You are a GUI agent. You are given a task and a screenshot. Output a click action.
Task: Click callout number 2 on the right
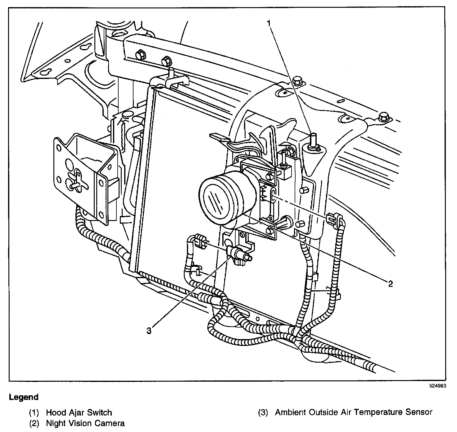[391, 283]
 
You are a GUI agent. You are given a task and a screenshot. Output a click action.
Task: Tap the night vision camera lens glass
[216, 200]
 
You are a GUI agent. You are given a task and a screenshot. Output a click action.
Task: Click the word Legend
[24, 397]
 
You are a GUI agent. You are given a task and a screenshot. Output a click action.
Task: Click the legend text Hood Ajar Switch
[79, 412]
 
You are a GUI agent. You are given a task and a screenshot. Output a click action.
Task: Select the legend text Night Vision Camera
[85, 423]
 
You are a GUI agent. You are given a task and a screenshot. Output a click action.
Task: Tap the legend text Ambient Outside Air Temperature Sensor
[354, 412]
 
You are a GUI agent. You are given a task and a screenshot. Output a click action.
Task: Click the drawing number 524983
[438, 386]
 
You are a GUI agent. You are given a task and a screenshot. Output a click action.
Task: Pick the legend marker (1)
[34, 413]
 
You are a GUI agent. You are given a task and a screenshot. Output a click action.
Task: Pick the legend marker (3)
[263, 413]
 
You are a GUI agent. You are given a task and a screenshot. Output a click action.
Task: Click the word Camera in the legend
[110, 423]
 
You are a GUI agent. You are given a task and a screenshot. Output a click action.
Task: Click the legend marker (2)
[34, 423]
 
